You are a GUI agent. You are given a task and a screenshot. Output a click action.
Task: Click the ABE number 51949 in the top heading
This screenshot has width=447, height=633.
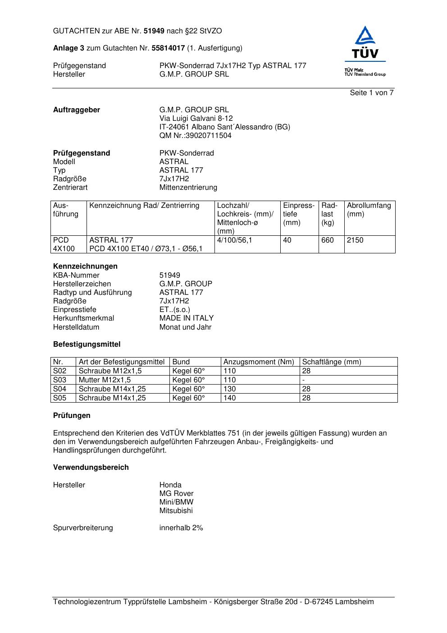click(154, 31)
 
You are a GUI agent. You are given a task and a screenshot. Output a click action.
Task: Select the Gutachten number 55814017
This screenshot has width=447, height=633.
click(168, 48)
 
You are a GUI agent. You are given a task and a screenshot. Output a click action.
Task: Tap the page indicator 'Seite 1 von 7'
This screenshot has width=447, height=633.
click(372, 93)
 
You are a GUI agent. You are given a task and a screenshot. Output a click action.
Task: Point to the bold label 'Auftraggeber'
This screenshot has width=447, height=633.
click(77, 110)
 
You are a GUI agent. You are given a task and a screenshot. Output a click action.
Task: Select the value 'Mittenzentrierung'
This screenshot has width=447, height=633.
click(188, 188)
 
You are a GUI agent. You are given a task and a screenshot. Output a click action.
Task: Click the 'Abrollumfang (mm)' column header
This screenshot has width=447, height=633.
click(369, 210)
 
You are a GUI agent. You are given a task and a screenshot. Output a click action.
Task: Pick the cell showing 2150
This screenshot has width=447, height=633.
click(355, 240)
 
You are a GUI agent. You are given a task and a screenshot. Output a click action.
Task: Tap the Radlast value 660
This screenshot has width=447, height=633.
click(328, 240)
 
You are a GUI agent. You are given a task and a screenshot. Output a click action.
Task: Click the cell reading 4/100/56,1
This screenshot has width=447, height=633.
click(234, 240)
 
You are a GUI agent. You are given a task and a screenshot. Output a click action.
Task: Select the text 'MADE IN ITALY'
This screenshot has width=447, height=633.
click(186, 318)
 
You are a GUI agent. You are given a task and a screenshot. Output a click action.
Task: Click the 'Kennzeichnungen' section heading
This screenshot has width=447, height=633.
click(85, 266)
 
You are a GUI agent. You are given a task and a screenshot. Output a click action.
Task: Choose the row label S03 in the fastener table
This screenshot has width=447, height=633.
click(59, 380)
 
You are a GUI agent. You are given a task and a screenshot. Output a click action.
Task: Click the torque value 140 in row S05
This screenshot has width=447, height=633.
click(229, 398)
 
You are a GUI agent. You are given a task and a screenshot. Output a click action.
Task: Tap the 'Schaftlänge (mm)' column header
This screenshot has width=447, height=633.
click(331, 362)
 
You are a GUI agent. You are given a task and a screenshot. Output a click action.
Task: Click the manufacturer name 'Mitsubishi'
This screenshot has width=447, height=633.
click(176, 511)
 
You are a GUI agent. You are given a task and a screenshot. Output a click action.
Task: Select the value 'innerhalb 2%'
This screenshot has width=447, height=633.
click(181, 528)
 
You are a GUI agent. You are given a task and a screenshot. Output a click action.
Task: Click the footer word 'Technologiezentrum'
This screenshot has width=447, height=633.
click(87, 602)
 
